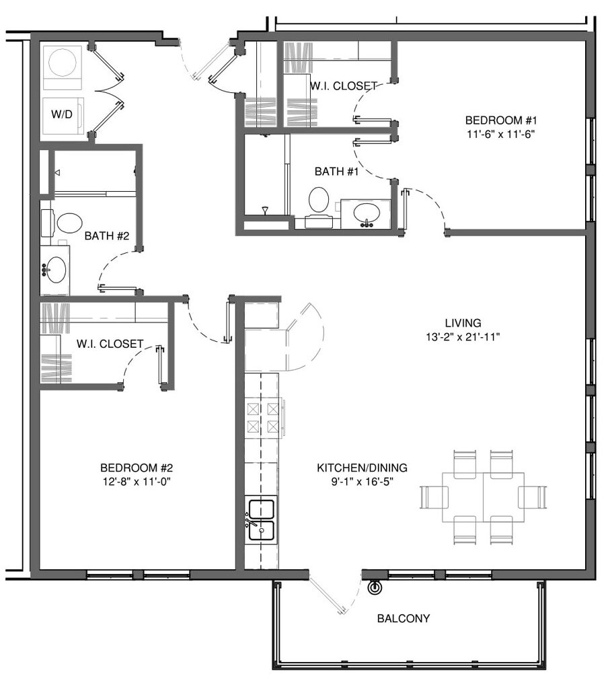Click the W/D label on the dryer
point(61,114)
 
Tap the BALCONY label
point(404,618)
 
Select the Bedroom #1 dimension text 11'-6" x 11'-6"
point(500,134)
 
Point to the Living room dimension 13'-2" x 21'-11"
point(463,337)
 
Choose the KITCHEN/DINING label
point(362,468)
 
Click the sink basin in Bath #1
point(366,212)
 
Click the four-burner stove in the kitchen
point(263,418)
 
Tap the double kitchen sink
point(262,521)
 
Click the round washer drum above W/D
point(63,63)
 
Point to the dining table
point(484,497)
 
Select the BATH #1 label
point(336,172)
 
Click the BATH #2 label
point(107,236)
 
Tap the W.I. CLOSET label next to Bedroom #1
point(344,85)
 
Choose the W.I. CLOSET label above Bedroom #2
point(110,344)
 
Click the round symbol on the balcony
point(375,587)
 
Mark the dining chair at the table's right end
point(533,497)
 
